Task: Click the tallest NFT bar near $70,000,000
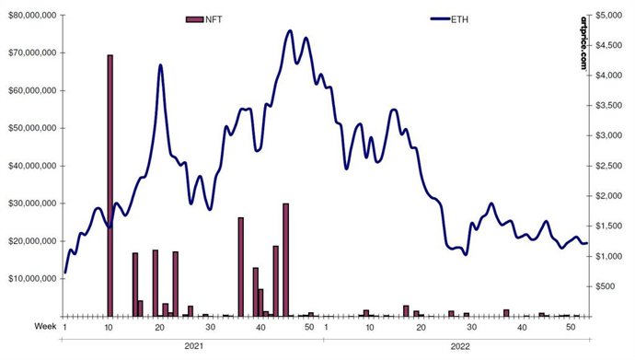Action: click(x=110, y=184)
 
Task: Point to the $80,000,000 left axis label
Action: click(x=30, y=16)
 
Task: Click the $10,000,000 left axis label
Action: click(x=30, y=278)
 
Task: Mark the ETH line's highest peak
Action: click(x=290, y=30)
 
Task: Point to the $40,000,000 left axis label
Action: click(x=30, y=166)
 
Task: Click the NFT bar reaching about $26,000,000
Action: click(x=241, y=267)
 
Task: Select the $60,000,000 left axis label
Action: click(x=30, y=90)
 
